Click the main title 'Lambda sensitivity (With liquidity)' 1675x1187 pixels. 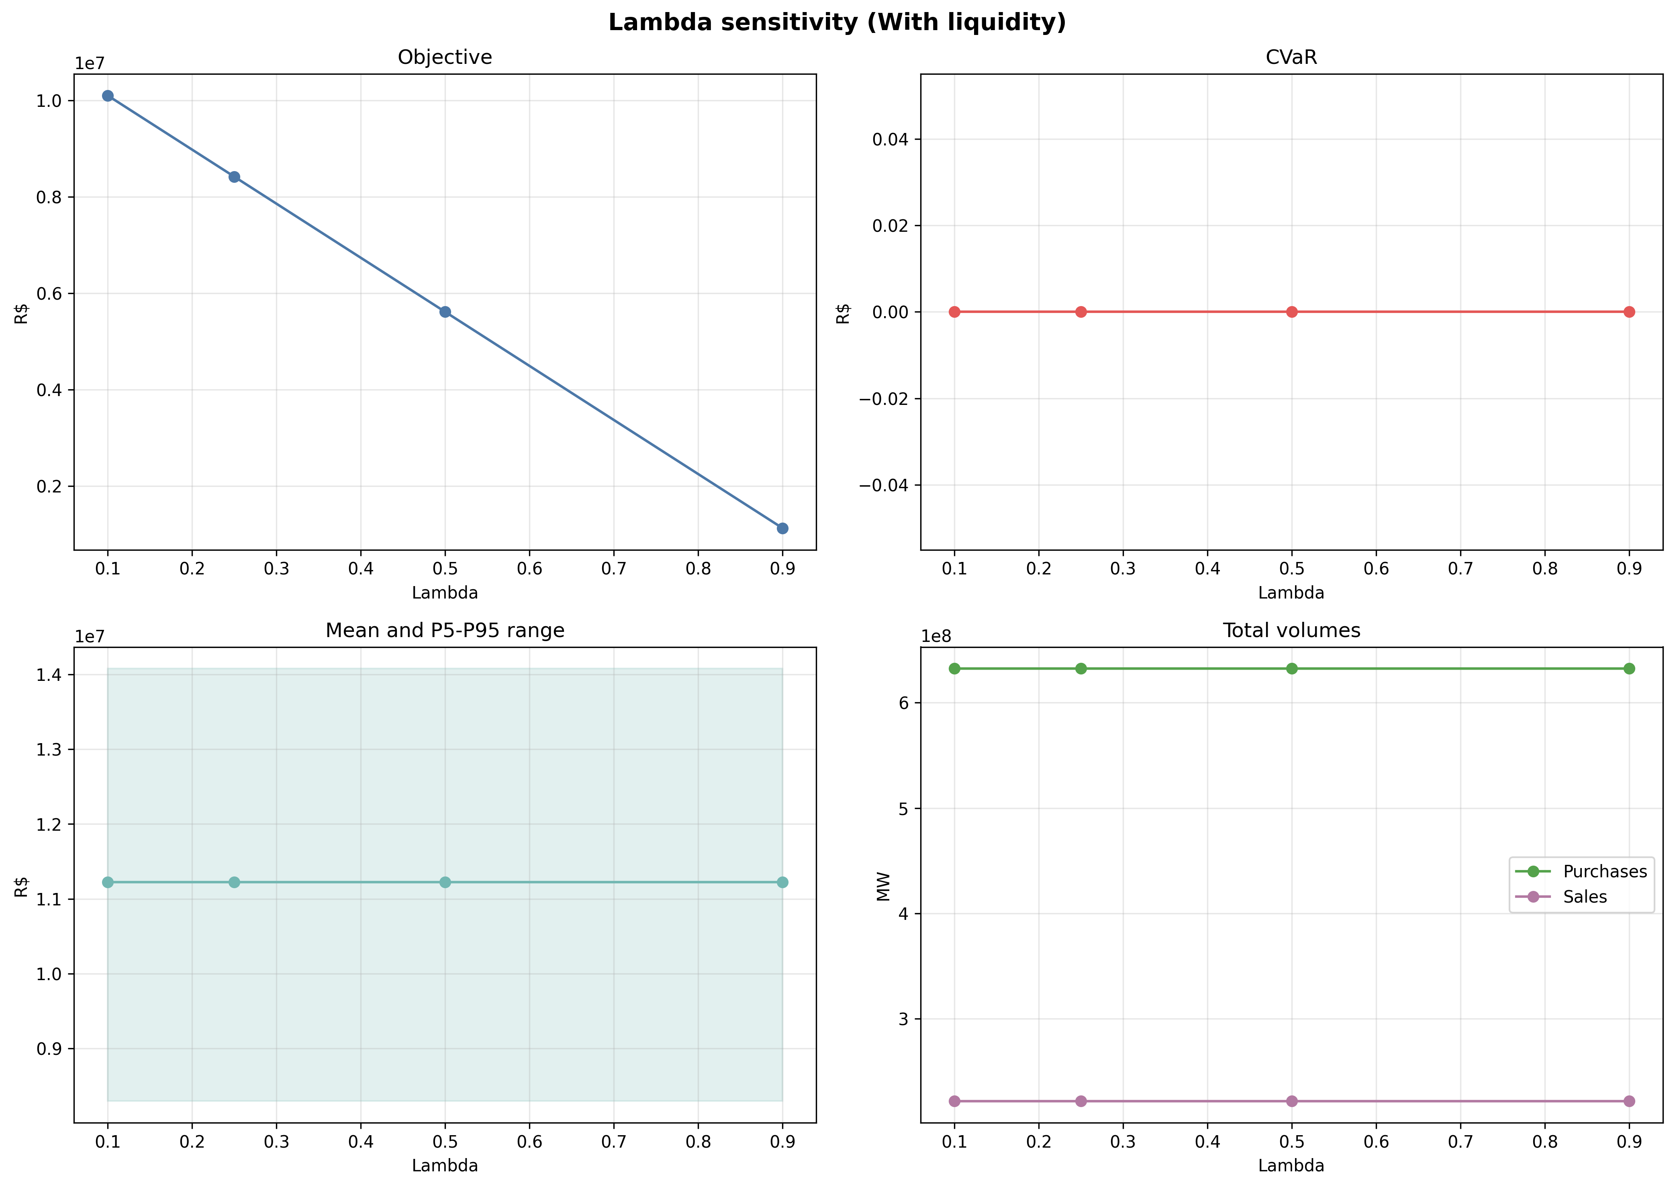click(837, 22)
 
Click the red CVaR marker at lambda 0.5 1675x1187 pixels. click(1291, 312)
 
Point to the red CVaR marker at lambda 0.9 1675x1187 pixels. click(1629, 312)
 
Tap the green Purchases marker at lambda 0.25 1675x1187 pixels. click(1081, 669)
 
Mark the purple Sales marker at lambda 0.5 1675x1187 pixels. click(1291, 1101)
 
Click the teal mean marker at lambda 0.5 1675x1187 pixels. click(445, 882)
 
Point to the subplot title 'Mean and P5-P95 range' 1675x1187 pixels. click(445, 631)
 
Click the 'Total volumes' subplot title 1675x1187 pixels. click(1291, 631)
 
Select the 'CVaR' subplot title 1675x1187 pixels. click(1291, 58)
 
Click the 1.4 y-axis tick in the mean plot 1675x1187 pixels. click(50, 674)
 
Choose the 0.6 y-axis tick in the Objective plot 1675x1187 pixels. click(50, 294)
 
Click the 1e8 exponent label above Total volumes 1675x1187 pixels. click(936, 637)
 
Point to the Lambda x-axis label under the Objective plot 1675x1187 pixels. click(445, 593)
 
